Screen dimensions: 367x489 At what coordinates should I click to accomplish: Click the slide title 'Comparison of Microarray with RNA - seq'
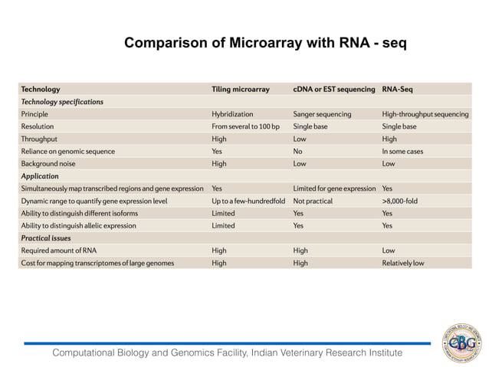(265, 43)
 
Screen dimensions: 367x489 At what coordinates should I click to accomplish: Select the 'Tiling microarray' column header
(241, 89)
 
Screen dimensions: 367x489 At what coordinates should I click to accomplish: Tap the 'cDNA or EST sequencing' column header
(334, 89)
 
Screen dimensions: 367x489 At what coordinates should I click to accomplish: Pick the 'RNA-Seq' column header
(399, 89)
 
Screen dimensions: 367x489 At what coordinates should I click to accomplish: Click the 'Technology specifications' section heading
(62, 101)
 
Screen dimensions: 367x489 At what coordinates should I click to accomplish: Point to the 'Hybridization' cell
(232, 114)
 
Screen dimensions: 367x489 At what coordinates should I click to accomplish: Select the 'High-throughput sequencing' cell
(425, 114)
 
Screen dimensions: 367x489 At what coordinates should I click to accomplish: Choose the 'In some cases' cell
(402, 151)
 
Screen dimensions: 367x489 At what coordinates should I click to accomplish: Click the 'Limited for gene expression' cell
(334, 188)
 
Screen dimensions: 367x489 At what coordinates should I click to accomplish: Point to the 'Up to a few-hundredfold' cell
(248, 201)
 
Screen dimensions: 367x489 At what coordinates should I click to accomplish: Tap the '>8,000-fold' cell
(400, 201)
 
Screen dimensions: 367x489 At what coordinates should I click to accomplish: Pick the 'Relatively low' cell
(403, 263)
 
